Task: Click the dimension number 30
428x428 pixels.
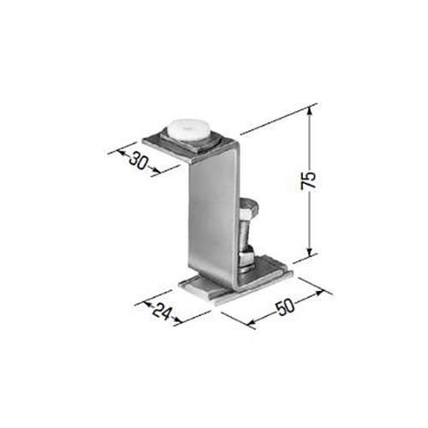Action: (139, 162)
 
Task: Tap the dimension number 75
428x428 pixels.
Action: (309, 180)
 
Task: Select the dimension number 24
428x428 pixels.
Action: (162, 311)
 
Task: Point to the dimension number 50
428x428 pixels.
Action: (286, 306)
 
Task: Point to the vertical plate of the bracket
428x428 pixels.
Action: (212, 217)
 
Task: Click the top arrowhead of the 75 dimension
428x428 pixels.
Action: (310, 112)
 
